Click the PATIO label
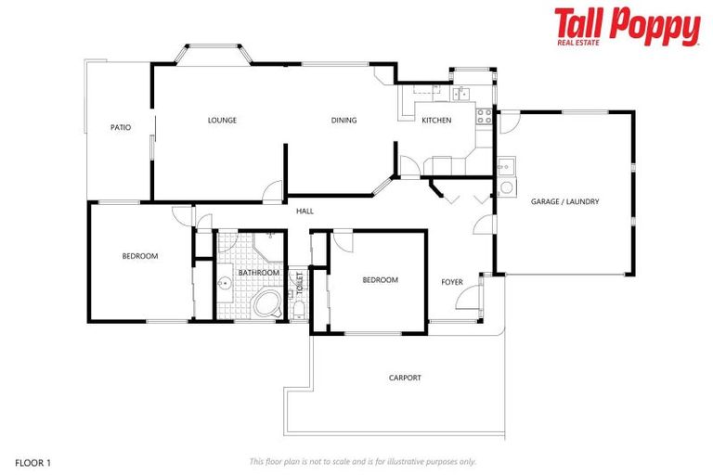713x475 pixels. (x=120, y=127)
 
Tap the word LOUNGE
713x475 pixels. (x=222, y=120)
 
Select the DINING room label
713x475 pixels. (x=344, y=120)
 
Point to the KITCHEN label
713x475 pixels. (x=436, y=121)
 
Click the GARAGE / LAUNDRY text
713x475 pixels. (x=564, y=201)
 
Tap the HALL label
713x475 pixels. (x=305, y=212)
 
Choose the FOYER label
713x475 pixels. (x=452, y=281)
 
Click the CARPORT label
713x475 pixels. (x=405, y=378)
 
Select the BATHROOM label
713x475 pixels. (x=259, y=273)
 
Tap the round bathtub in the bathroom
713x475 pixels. (x=268, y=304)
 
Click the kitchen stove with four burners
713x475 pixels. (x=484, y=116)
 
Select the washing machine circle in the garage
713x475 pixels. (x=507, y=187)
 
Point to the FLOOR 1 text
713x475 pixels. (x=34, y=461)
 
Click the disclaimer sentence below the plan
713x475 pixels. (x=362, y=461)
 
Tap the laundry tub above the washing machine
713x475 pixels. (x=506, y=168)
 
